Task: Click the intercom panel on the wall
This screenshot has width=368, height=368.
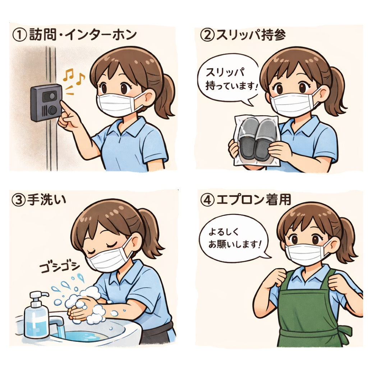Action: click(46, 103)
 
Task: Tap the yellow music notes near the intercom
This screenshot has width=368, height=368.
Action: click(74, 77)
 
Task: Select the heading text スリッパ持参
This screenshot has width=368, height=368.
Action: click(250, 36)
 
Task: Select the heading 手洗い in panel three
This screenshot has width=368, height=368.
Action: click(47, 200)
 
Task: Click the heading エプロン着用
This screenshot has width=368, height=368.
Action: click(253, 200)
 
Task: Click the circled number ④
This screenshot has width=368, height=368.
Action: click(207, 200)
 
